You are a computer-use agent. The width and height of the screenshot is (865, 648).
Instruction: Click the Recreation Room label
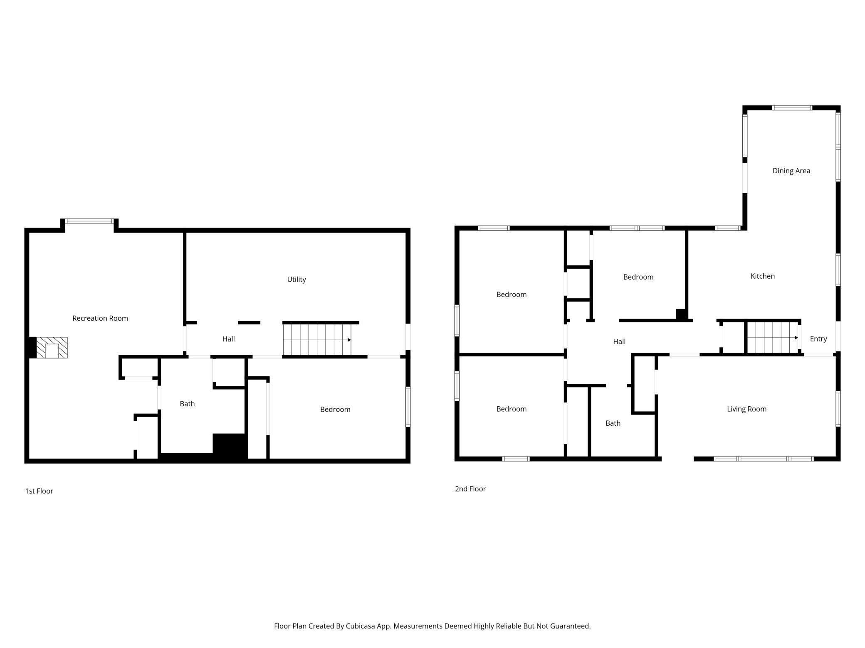point(100,318)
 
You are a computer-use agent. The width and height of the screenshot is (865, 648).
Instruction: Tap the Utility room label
point(297,280)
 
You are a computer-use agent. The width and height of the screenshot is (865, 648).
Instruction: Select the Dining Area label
point(791,171)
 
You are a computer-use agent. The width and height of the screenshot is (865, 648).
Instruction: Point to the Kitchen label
point(763,276)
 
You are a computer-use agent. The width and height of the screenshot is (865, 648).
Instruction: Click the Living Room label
point(746,409)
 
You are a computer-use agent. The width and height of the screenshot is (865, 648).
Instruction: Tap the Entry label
point(818,339)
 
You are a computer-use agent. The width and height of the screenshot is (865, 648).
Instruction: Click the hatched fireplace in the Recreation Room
point(52,348)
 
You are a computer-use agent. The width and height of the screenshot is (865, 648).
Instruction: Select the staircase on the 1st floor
point(317,340)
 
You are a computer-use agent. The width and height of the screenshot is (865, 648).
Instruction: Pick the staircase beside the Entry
point(773,338)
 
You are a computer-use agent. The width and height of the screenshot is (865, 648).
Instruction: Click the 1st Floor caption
point(39,491)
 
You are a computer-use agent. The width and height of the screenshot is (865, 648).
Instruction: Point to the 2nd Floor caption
point(470,489)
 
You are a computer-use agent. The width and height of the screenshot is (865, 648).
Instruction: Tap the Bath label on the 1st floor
point(187,404)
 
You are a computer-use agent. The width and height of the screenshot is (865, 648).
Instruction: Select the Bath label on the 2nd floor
point(613,423)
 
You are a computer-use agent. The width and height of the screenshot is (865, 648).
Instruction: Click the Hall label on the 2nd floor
point(619,341)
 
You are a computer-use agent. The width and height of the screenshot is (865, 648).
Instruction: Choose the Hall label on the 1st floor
point(228,339)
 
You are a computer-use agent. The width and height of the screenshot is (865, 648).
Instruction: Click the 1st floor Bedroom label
point(335,410)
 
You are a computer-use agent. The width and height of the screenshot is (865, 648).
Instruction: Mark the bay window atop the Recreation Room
point(89,221)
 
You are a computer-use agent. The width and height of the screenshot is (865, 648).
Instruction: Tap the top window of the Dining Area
point(792,108)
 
